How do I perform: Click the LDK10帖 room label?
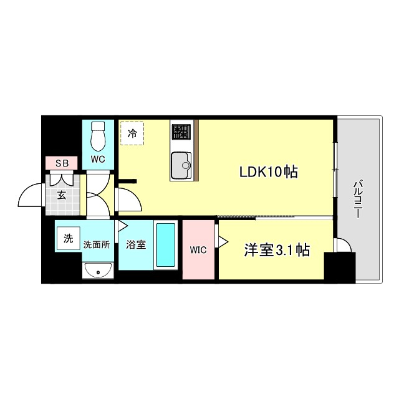[x=269, y=171]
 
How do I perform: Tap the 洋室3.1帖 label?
[x=277, y=251]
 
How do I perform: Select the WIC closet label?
[x=198, y=251]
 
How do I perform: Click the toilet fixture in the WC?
[x=99, y=133]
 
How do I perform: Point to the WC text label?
[x=98, y=159]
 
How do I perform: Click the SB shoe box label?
[x=62, y=163]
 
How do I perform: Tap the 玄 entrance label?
[x=62, y=195]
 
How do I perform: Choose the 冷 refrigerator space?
[x=132, y=133]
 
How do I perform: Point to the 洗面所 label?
[x=96, y=244]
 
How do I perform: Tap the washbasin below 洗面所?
[x=97, y=270]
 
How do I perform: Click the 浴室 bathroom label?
[x=136, y=244]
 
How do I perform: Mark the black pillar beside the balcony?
[x=340, y=267]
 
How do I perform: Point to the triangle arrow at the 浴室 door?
[x=123, y=226]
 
